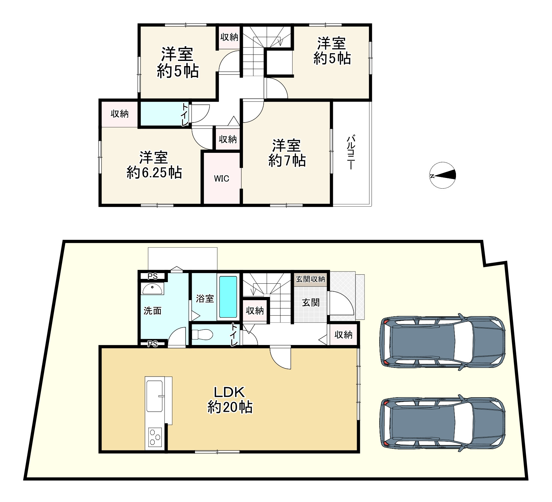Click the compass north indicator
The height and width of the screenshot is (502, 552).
click(443, 175)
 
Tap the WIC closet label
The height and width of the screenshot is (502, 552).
click(222, 179)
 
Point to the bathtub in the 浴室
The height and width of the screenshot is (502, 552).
click(228, 297)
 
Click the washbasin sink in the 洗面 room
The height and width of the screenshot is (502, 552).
click(152, 289)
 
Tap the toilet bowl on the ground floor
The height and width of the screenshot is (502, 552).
click(202, 334)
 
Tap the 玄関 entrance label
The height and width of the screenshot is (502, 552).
click(311, 302)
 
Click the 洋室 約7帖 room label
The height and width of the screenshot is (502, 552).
click(287, 153)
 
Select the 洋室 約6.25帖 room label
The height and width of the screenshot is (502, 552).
click(154, 165)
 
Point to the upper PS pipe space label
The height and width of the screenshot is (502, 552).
click(153, 276)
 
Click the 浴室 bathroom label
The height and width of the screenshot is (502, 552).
click(205, 299)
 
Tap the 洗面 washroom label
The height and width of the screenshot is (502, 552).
click(152, 311)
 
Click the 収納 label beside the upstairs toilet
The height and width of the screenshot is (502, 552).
click(120, 114)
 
